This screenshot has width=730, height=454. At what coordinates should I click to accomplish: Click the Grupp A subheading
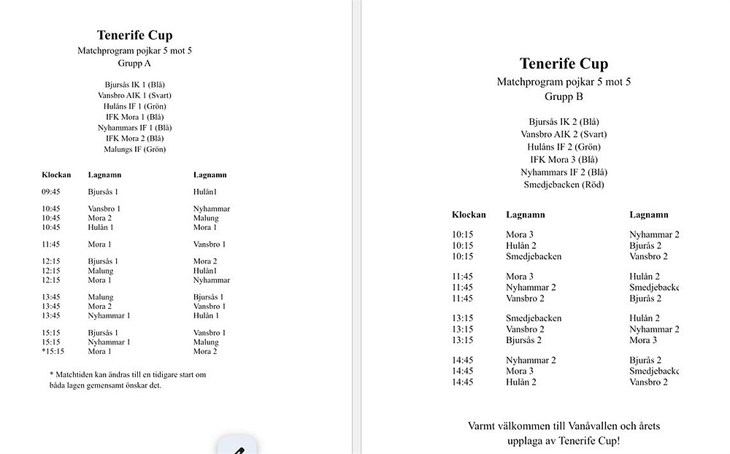[134, 64]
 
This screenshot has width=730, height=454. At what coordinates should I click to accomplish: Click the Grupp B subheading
[564, 96]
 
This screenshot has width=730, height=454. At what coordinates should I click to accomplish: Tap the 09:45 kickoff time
[51, 192]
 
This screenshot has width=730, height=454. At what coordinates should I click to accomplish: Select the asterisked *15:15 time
[53, 351]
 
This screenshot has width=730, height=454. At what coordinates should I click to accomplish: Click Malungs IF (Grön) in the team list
[134, 150]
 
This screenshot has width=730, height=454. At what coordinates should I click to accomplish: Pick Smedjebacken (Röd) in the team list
[564, 185]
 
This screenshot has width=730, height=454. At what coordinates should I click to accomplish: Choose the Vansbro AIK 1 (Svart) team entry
[134, 96]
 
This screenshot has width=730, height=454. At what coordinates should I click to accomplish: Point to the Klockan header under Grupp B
[469, 215]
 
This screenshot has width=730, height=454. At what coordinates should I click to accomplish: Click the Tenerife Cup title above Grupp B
[564, 64]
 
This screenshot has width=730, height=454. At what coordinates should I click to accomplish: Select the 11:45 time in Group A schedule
[51, 245]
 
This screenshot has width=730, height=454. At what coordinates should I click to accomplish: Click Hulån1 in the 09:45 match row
[205, 192]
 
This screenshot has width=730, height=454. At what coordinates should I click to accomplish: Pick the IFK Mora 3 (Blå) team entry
[564, 160]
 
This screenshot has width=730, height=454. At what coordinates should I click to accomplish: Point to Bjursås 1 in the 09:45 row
[103, 192]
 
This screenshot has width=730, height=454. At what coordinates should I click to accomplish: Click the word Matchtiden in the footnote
[77, 374]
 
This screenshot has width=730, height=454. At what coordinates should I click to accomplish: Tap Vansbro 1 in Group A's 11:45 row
[210, 245]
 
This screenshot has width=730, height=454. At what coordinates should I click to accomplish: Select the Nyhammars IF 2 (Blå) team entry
[564, 172]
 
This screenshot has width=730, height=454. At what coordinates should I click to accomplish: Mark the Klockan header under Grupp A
[56, 175]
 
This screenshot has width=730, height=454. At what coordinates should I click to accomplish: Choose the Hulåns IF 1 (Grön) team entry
[134, 107]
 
